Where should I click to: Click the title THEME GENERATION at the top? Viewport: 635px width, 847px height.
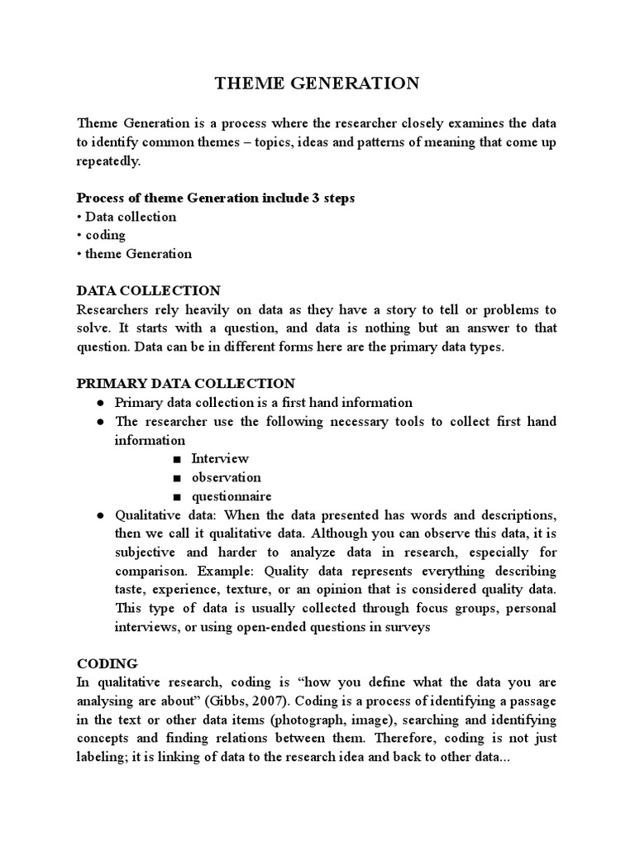click(317, 83)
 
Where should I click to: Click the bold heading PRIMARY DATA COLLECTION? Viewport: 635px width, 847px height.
click(185, 384)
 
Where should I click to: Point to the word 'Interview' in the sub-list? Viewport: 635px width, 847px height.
click(220, 458)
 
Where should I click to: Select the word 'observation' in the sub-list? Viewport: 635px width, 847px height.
click(226, 477)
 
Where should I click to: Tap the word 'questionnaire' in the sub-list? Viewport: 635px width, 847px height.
click(232, 496)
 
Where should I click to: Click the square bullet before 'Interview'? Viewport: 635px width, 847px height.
click(177, 459)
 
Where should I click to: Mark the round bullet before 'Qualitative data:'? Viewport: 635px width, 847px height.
click(99, 515)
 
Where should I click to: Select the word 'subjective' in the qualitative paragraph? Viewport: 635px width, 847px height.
click(146, 553)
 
